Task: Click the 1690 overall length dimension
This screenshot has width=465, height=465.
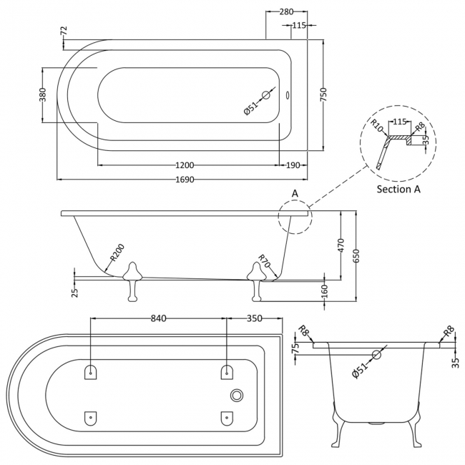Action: point(185,179)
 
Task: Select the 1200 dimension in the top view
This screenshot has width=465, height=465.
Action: point(185,165)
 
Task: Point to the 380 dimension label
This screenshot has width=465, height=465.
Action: point(43,95)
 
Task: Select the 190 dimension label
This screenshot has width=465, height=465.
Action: point(293,165)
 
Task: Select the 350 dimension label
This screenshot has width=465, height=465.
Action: point(254,318)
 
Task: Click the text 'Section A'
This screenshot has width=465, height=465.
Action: point(398,189)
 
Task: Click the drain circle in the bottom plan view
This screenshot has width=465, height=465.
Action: point(238,396)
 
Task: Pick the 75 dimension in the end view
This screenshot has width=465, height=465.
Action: point(293,350)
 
